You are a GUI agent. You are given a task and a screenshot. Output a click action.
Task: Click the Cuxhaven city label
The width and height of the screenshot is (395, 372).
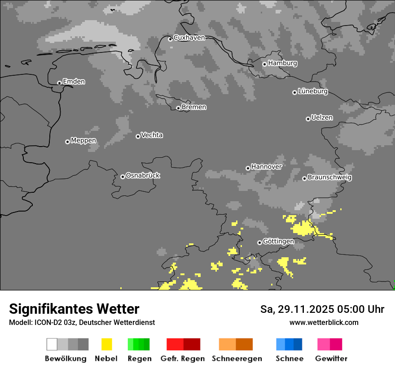189,38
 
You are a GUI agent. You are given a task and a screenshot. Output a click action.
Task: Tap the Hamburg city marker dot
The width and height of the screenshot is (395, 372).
265,64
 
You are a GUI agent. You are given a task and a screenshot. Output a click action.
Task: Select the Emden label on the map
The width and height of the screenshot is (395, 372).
74,82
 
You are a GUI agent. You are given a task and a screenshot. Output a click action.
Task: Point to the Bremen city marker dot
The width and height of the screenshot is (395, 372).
178,108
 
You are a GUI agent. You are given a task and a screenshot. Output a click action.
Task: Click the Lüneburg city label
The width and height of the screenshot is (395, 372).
313,91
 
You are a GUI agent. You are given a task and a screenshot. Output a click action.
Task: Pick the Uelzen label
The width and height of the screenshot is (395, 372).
322,118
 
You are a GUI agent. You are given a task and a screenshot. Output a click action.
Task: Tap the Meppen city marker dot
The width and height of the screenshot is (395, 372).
67,142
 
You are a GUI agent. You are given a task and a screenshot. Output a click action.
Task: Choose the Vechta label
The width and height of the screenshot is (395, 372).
152,135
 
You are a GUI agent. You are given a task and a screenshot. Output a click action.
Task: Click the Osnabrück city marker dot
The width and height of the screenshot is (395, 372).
123,177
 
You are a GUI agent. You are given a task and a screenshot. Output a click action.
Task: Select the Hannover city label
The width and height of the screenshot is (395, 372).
266,167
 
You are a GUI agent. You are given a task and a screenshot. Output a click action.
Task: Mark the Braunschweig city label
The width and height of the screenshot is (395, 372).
329,177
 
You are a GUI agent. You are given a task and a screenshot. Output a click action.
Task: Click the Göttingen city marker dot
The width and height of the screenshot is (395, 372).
259,242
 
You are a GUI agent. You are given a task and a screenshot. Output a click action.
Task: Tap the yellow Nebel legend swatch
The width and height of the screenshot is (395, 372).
106,344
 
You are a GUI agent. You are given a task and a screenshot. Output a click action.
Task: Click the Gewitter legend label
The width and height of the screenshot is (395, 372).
331,359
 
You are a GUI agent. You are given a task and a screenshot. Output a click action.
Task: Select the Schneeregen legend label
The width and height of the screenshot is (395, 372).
237,359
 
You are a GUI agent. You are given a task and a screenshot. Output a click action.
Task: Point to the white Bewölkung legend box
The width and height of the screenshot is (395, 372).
52,344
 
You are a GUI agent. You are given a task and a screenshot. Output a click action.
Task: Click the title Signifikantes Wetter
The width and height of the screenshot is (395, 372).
74,309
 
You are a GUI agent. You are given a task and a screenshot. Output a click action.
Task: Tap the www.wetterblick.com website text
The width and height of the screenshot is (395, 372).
324,322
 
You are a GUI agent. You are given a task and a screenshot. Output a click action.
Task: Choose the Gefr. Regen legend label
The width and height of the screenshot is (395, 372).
182,359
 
